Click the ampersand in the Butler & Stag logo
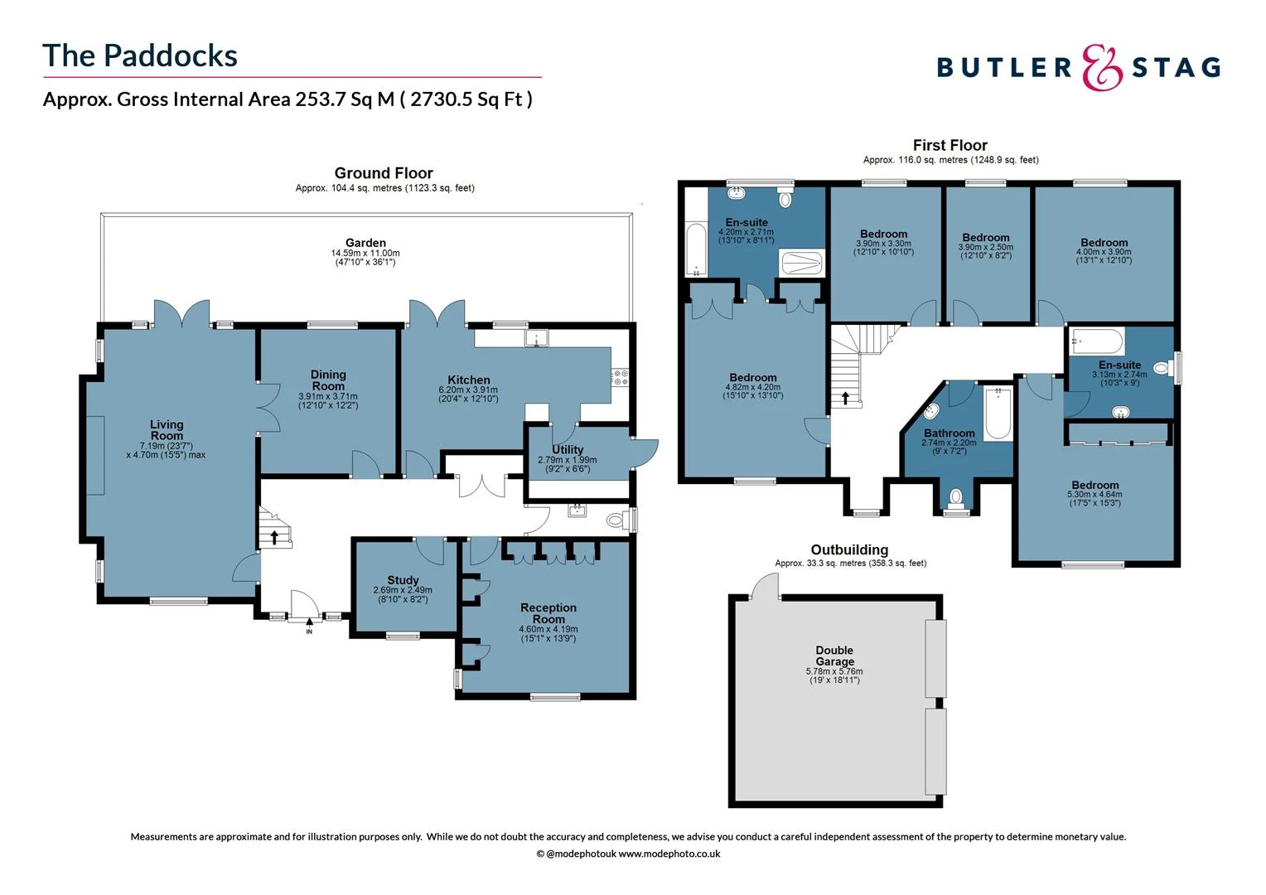pyautogui.click(x=1102, y=67)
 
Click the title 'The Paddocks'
pyautogui.click(x=140, y=56)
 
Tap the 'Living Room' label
pyautogui.click(x=167, y=430)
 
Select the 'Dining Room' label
pyautogui.click(x=328, y=380)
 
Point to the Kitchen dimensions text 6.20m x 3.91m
pyautogui.click(x=468, y=390)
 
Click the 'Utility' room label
pyautogui.click(x=568, y=449)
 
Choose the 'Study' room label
pyautogui.click(x=403, y=580)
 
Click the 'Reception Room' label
pyautogui.click(x=548, y=613)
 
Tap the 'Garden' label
pyautogui.click(x=365, y=243)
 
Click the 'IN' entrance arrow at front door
pyautogui.click(x=310, y=622)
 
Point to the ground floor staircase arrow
pyautogui.click(x=274, y=537)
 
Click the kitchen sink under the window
pyautogui.click(x=537, y=338)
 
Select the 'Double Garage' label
pyautogui.click(x=834, y=656)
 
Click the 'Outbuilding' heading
pyautogui.click(x=849, y=549)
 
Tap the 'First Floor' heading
pyautogui.click(x=950, y=145)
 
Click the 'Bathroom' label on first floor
pyautogui.click(x=949, y=433)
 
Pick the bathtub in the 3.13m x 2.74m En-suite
pyautogui.click(x=1096, y=341)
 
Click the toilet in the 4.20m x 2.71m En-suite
pyautogui.click(x=785, y=199)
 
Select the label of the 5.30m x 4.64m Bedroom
pyautogui.click(x=1094, y=486)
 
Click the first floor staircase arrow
pyautogui.click(x=845, y=397)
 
